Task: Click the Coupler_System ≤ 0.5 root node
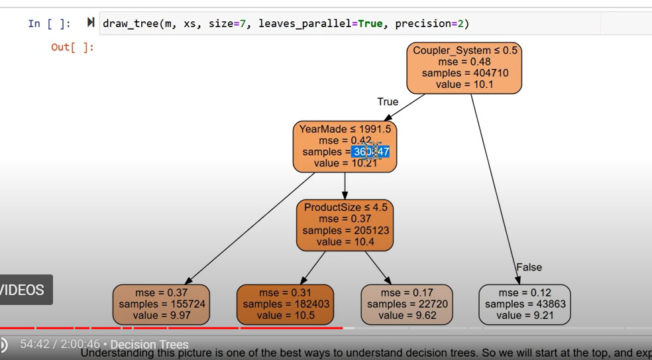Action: [464, 68]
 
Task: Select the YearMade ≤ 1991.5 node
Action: [345, 147]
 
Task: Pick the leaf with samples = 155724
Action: [161, 304]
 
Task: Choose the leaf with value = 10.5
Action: [286, 304]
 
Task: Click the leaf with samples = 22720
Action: [407, 304]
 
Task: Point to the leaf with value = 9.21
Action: [524, 304]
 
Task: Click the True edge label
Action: [388, 102]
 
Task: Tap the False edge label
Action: [529, 267]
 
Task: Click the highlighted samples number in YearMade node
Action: [371, 152]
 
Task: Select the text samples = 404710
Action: [465, 73]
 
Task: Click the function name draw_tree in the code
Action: [130, 24]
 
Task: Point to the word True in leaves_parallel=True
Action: [370, 24]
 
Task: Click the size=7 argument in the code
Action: [227, 24]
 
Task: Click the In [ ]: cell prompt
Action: [49, 24]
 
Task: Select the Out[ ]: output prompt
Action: [72, 47]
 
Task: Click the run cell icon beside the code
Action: [90, 23]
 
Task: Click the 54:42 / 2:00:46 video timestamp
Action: [60, 345]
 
